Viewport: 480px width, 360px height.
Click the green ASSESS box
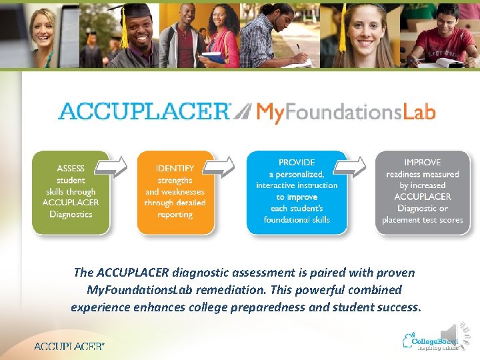(70, 192)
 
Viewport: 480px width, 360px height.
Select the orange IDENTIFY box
(175, 192)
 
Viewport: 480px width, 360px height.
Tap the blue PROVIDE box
(297, 191)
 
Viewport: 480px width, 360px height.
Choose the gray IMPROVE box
(422, 191)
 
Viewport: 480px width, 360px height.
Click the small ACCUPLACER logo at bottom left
(69, 346)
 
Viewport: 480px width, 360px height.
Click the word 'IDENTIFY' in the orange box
(175, 168)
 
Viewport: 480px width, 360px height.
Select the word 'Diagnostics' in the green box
(71, 214)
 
